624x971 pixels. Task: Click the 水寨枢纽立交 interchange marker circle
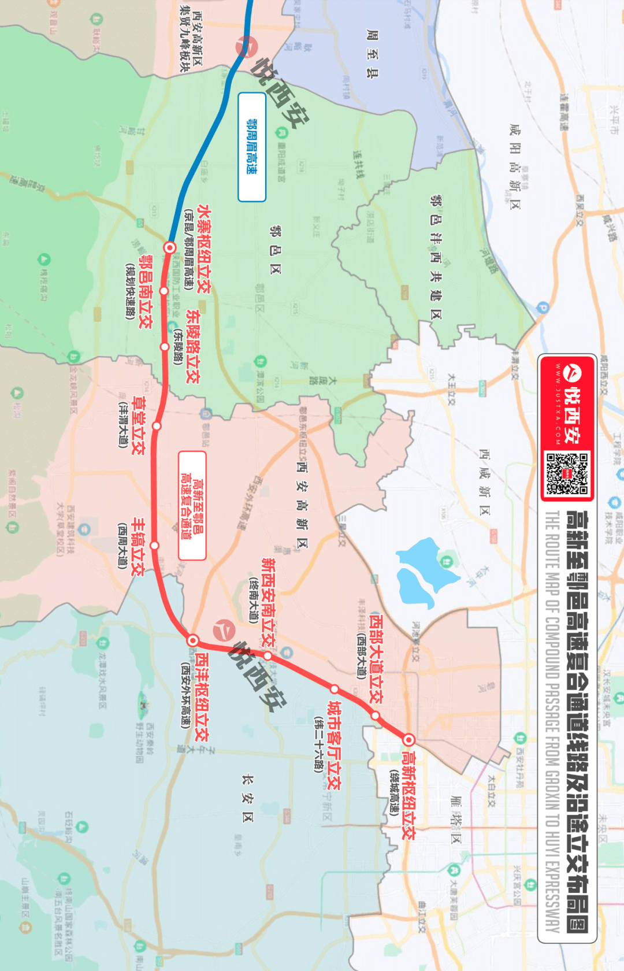[x=170, y=247]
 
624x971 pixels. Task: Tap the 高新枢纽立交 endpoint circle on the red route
[x=408, y=739]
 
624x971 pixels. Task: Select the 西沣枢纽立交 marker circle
[x=193, y=640]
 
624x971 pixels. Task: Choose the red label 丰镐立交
[x=138, y=546]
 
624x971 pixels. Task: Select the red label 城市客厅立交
[x=334, y=745]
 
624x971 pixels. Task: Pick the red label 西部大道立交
[x=376, y=659]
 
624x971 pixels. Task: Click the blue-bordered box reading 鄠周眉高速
[x=252, y=147]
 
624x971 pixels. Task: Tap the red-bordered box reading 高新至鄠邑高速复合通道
[x=192, y=506]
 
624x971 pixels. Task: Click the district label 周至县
[x=373, y=54]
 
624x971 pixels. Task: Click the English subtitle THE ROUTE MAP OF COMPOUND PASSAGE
[x=552, y=722]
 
